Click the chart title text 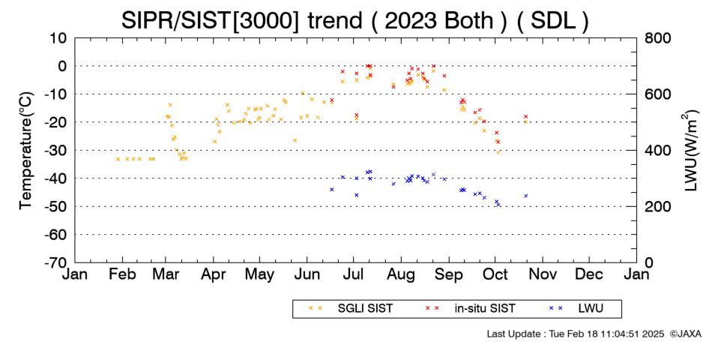[x=355, y=20]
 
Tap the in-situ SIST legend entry [x=470, y=308]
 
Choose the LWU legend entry [x=576, y=308]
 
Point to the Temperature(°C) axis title [x=26, y=151]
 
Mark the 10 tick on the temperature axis [x=59, y=38]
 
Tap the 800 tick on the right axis [x=658, y=38]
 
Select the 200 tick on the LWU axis [x=658, y=206]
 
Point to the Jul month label [x=354, y=274]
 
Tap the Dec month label [x=589, y=274]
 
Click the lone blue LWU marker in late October [x=526, y=196]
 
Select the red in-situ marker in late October [x=526, y=116]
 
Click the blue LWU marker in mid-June [x=331, y=190]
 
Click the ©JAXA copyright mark [x=686, y=334]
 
